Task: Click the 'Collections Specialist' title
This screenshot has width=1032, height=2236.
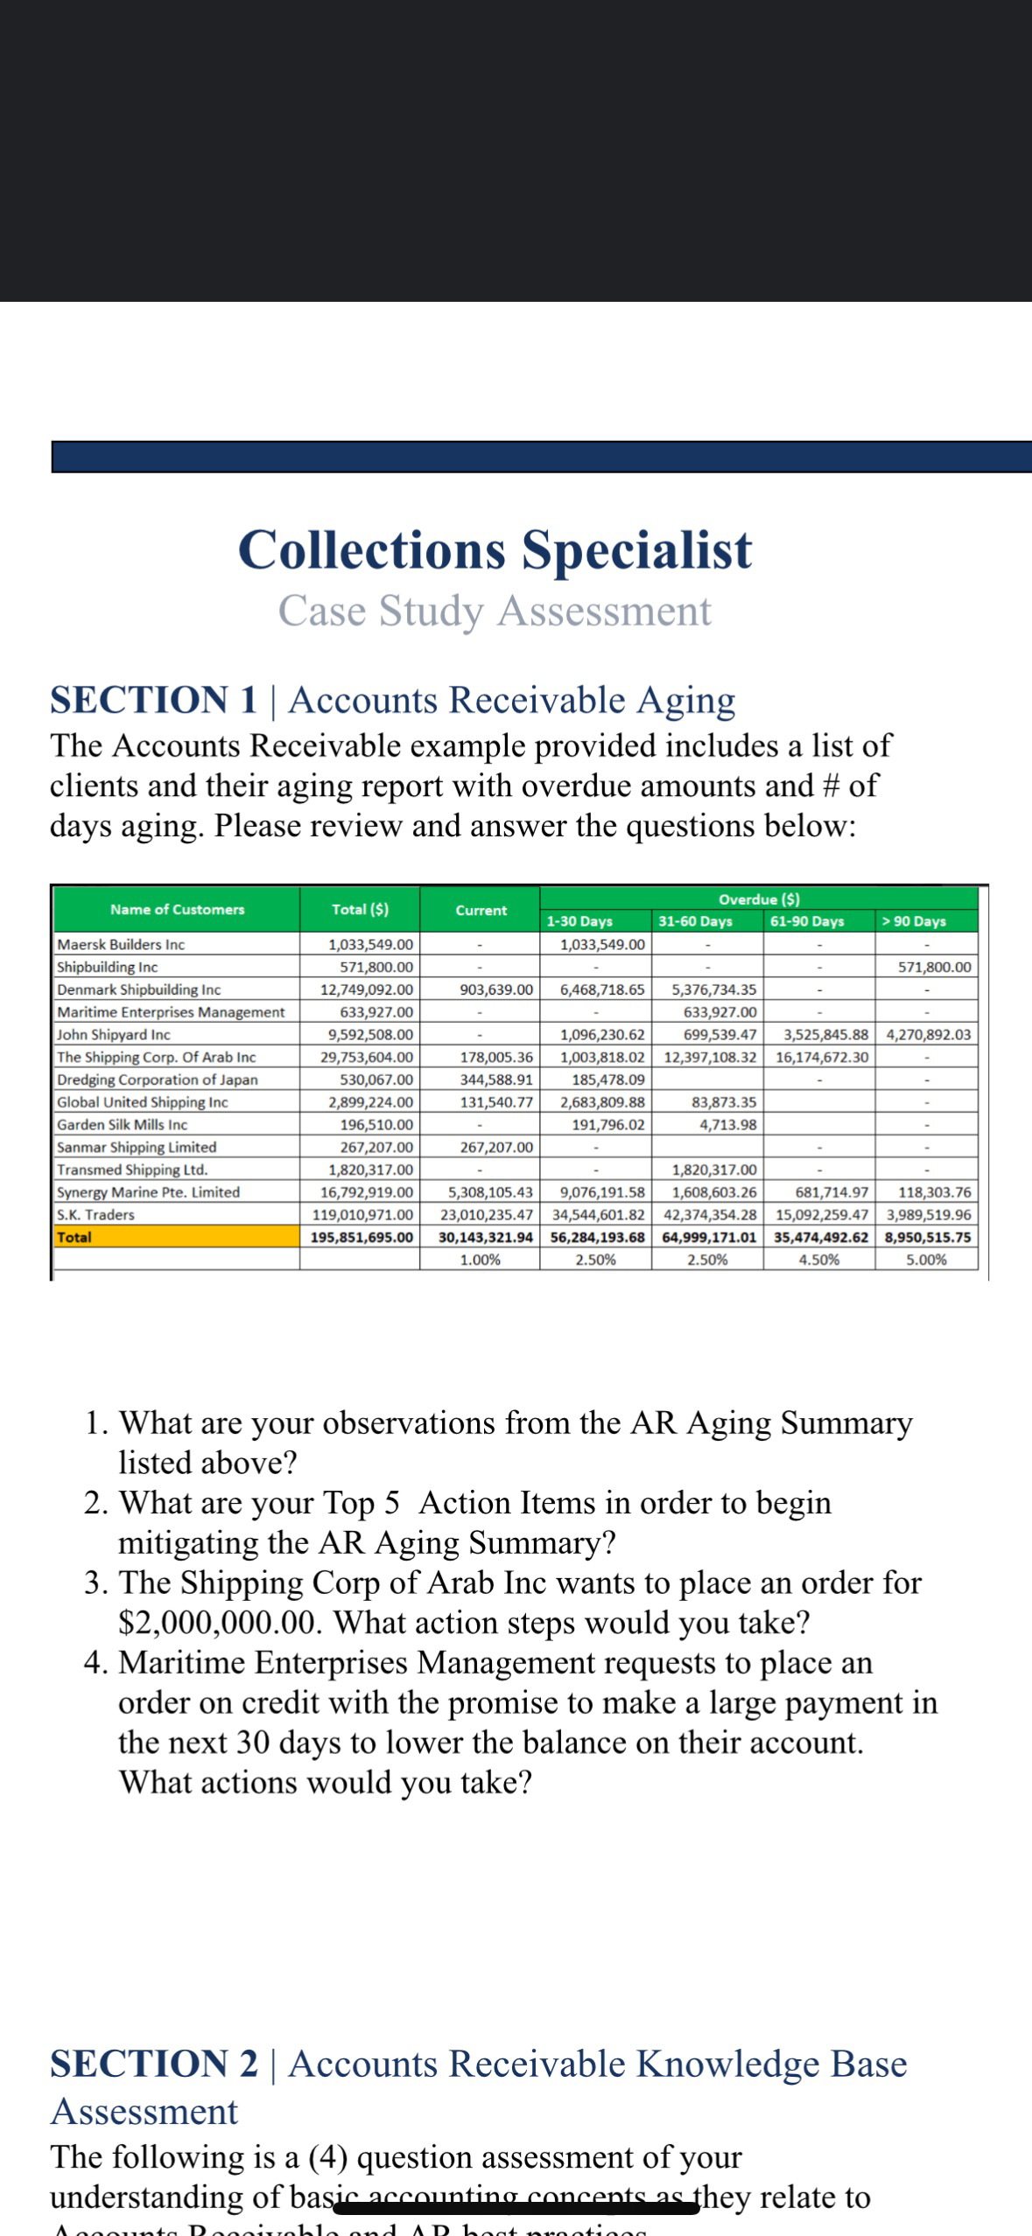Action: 495,549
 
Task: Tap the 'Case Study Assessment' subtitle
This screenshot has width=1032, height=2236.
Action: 495,611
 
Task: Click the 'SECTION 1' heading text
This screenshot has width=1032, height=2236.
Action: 154,700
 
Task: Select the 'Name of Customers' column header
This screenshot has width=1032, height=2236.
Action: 177,909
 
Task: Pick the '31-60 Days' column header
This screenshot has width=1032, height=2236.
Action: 695,921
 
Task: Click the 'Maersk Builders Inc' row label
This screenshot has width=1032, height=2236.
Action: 121,945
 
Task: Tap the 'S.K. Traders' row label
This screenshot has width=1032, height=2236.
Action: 95,1215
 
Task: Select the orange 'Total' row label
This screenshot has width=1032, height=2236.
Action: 74,1237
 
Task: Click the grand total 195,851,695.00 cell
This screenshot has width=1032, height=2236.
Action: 362,1238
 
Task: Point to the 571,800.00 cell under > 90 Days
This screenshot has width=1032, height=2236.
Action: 934,968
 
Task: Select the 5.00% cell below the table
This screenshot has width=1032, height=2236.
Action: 926,1261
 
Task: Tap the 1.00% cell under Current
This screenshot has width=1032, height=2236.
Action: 480,1261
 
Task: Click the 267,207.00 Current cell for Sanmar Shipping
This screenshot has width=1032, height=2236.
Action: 496,1147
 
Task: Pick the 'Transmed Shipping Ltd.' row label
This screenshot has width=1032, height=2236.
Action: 132,1170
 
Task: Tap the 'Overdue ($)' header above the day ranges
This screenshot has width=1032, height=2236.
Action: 758,899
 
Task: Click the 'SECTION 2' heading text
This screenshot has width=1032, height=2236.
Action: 154,2064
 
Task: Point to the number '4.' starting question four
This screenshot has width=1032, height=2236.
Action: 96,1663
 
